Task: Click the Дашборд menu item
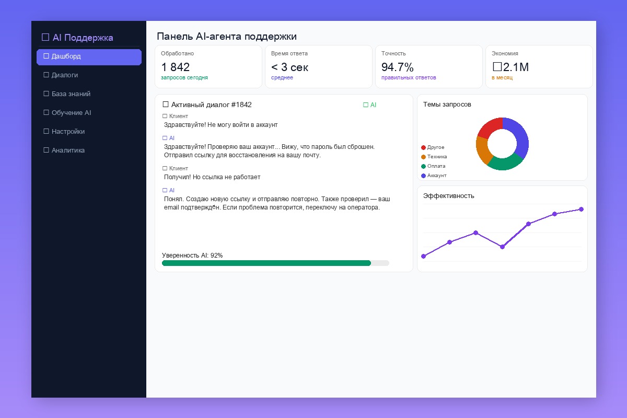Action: tap(89, 56)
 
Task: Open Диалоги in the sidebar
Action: tap(65, 75)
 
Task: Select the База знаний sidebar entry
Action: tap(71, 94)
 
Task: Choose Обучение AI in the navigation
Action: tap(71, 113)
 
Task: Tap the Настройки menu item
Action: tap(68, 132)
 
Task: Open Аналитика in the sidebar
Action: tap(68, 150)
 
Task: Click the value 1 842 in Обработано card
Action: tap(176, 67)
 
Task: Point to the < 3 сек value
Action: tap(290, 67)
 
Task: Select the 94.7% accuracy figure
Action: tap(398, 67)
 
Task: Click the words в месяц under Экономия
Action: tap(502, 78)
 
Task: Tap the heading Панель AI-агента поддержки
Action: tap(227, 37)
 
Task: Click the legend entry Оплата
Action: tap(436, 166)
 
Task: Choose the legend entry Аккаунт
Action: tap(436, 176)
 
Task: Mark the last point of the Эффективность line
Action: tap(581, 210)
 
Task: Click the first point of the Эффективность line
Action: tap(423, 256)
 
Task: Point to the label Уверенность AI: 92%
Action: tap(192, 256)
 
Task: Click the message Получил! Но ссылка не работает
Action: tap(212, 177)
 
